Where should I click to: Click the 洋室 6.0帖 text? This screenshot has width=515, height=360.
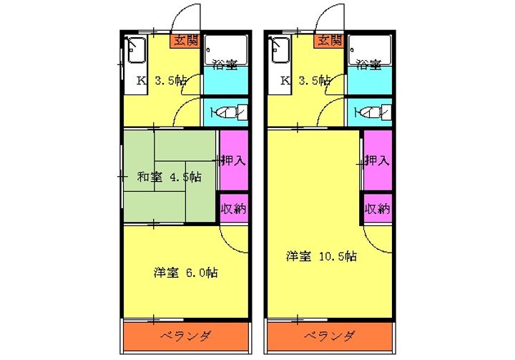point(185,273)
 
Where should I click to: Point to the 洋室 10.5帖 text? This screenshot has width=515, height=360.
point(322,256)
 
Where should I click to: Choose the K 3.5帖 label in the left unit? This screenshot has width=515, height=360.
point(162,81)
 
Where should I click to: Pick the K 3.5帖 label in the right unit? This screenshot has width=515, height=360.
point(305,81)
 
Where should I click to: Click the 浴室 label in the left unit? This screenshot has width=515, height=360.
point(225,65)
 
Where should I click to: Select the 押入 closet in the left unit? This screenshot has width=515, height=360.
point(233,160)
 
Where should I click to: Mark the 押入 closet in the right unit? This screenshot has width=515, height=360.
point(378,160)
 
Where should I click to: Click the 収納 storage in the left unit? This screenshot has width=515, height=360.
point(233,209)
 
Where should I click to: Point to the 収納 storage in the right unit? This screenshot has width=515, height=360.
point(378,209)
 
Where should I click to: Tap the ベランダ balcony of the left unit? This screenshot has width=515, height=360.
point(185,336)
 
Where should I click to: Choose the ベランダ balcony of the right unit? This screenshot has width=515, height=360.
point(330,336)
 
